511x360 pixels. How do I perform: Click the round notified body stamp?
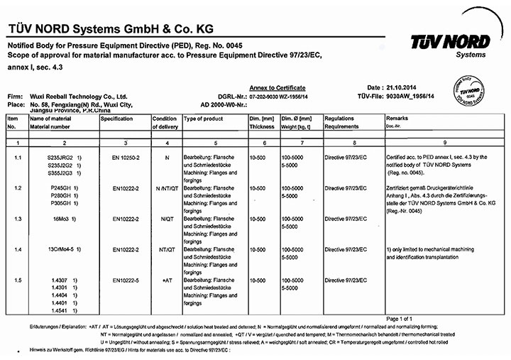473,92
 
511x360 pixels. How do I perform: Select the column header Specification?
116,119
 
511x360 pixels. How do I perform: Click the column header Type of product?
204,119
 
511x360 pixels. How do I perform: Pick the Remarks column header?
397,119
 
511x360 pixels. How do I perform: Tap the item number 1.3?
16,219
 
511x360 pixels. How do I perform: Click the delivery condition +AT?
166,281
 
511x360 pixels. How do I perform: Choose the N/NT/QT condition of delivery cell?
166,187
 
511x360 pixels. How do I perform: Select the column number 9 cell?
444,143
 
